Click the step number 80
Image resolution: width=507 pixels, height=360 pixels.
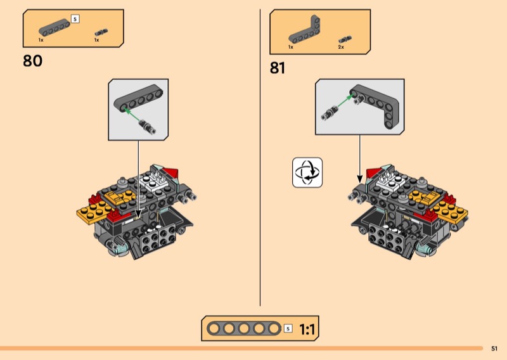(x=33, y=61)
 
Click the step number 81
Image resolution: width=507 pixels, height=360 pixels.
(x=278, y=68)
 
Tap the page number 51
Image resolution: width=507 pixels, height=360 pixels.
(x=494, y=349)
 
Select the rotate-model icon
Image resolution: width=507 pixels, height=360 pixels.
(x=307, y=172)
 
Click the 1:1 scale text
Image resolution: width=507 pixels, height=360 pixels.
(x=307, y=330)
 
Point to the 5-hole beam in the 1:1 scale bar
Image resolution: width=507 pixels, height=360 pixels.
(x=244, y=328)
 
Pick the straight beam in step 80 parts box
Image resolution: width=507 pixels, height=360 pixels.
(x=55, y=27)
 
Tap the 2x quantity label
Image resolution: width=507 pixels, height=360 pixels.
(x=341, y=48)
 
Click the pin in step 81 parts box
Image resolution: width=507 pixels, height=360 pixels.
(x=345, y=39)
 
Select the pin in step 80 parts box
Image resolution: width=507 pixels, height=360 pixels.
(x=101, y=32)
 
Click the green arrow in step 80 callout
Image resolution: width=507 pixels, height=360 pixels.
(x=132, y=115)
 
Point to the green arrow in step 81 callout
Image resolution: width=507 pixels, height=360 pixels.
(x=344, y=101)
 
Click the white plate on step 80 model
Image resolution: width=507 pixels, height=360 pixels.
(x=155, y=181)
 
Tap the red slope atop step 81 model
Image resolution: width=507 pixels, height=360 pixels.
(x=373, y=173)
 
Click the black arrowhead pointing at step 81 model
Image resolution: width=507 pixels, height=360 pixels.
(x=359, y=179)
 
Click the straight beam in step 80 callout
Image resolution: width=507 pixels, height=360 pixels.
(x=138, y=100)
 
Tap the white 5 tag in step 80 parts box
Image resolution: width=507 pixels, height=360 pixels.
(x=75, y=19)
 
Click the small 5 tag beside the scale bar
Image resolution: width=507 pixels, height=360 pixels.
(x=288, y=328)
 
